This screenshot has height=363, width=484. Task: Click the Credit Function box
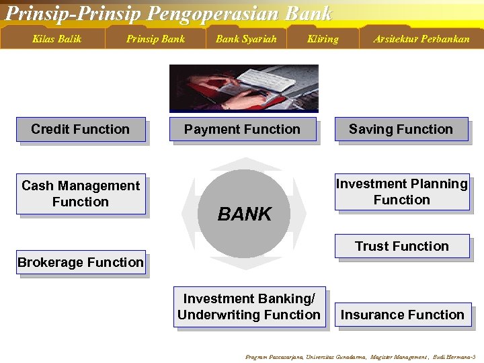(x=81, y=130)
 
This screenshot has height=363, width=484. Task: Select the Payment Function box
(x=242, y=130)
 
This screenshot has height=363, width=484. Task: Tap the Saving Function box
(x=401, y=130)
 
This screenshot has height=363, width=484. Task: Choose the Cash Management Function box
(x=81, y=194)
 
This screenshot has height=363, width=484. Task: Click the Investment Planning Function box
(x=402, y=192)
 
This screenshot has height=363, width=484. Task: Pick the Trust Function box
(x=402, y=247)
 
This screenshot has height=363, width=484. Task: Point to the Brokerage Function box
(x=81, y=263)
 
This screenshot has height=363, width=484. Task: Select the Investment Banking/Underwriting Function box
(x=249, y=307)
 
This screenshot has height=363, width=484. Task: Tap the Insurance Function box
(x=403, y=315)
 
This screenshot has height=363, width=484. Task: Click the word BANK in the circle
(x=245, y=214)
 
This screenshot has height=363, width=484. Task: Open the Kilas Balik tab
(x=56, y=39)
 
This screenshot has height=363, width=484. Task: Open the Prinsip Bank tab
(x=155, y=39)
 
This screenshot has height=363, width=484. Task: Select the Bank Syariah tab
(x=246, y=39)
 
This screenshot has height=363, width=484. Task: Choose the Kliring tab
(x=323, y=39)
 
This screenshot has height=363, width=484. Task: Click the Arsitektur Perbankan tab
(x=421, y=39)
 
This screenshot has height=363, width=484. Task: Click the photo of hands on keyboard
(x=243, y=87)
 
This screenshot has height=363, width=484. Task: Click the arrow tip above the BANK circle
(x=245, y=162)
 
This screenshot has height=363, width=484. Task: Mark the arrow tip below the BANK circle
(x=245, y=266)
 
